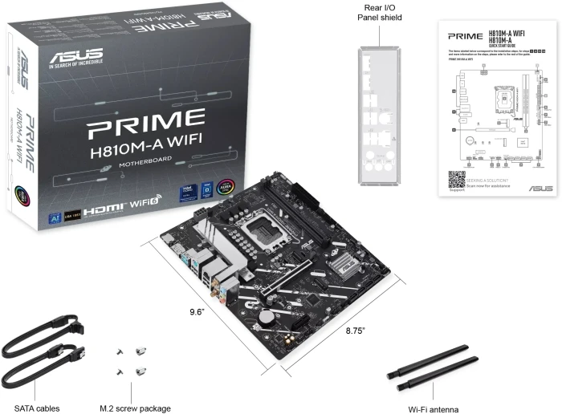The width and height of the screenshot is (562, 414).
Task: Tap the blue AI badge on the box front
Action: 51,216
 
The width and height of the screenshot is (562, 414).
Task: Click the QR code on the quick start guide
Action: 456,178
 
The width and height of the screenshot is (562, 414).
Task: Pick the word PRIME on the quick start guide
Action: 465,36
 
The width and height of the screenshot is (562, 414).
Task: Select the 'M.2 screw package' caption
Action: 134,408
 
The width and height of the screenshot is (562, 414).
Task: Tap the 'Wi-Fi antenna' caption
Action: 434,408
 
